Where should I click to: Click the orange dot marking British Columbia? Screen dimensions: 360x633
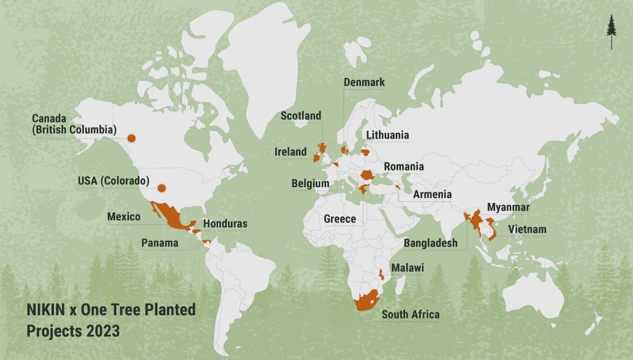point(131,138)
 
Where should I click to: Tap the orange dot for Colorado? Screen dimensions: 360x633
point(162,188)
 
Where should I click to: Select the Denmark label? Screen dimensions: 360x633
point(364,82)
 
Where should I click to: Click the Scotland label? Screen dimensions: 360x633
point(300,116)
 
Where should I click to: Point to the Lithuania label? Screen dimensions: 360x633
point(387,135)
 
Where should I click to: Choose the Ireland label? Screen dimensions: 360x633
point(291,152)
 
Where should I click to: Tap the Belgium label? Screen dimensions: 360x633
point(310,184)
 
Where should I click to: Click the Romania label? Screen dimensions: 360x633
point(403,167)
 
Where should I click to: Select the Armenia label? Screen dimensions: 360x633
point(432,194)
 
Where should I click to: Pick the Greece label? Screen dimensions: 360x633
point(340,219)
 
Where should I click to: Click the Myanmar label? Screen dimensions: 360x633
point(508,207)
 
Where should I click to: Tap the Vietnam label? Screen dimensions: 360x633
point(527,230)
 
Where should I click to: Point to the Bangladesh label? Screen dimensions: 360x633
point(430,243)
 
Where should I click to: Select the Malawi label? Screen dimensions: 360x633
point(407,268)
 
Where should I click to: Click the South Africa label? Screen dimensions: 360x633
point(410,315)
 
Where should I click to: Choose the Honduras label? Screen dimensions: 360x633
point(226,224)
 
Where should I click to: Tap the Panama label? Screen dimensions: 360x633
point(160,243)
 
